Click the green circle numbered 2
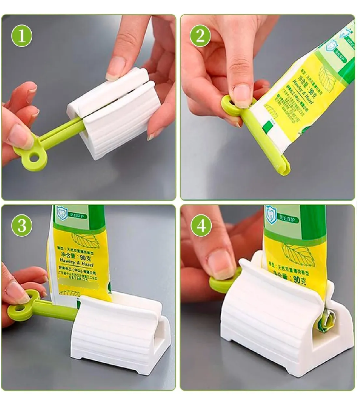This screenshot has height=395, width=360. pos(200,36)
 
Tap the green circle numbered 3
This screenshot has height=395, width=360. pos(21,226)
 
